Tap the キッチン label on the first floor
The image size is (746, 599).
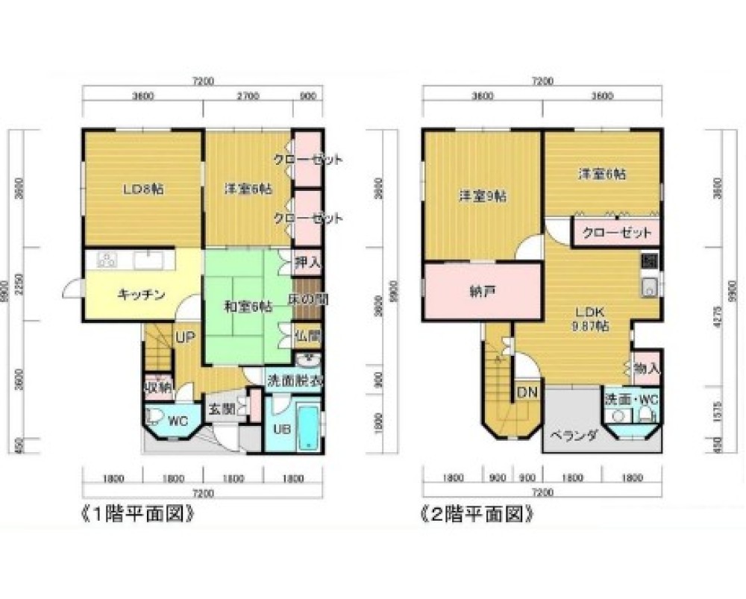140,293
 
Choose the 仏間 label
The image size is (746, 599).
307,336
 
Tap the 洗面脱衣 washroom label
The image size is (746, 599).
295,379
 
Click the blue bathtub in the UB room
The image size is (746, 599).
307,427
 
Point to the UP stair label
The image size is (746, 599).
185,338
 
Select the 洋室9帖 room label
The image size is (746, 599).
482,196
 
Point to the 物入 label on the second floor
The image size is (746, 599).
646,368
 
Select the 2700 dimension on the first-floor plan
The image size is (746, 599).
248,95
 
